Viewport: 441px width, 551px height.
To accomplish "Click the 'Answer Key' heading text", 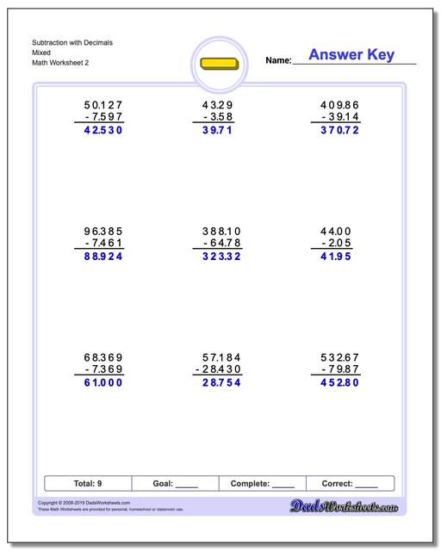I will [x=351, y=56].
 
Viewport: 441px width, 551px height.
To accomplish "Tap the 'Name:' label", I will [x=278, y=61].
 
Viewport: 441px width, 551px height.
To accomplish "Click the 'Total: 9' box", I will [x=89, y=484].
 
